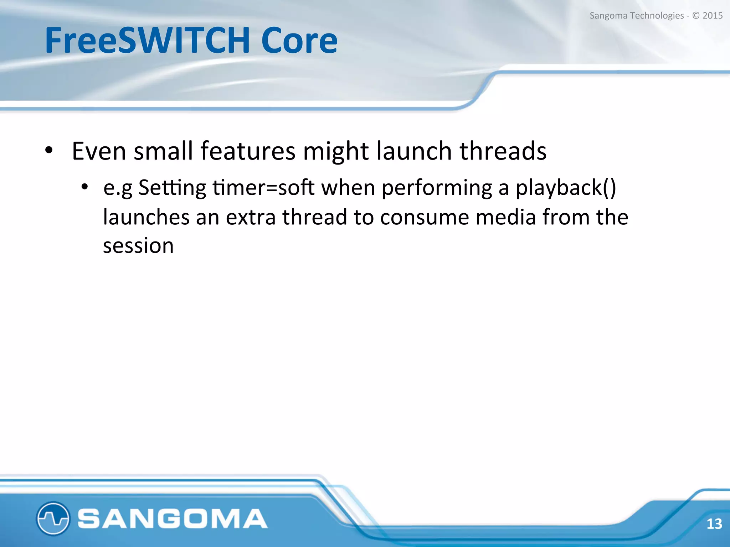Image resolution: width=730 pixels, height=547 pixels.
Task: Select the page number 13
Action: [714, 523]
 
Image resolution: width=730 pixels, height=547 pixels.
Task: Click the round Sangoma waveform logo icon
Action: [53, 518]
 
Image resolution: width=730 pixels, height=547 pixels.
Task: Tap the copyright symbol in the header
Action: [696, 16]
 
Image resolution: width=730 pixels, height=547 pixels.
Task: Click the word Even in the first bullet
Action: [99, 151]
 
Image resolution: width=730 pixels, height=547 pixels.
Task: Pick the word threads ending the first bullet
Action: [503, 151]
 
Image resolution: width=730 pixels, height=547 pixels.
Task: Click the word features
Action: [248, 151]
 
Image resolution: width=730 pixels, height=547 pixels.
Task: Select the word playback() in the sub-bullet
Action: [566, 188]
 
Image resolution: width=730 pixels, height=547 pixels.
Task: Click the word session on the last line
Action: [138, 246]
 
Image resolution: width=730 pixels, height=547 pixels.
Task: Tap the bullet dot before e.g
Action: [84, 187]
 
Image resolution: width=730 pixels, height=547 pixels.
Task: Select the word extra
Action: [251, 217]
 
